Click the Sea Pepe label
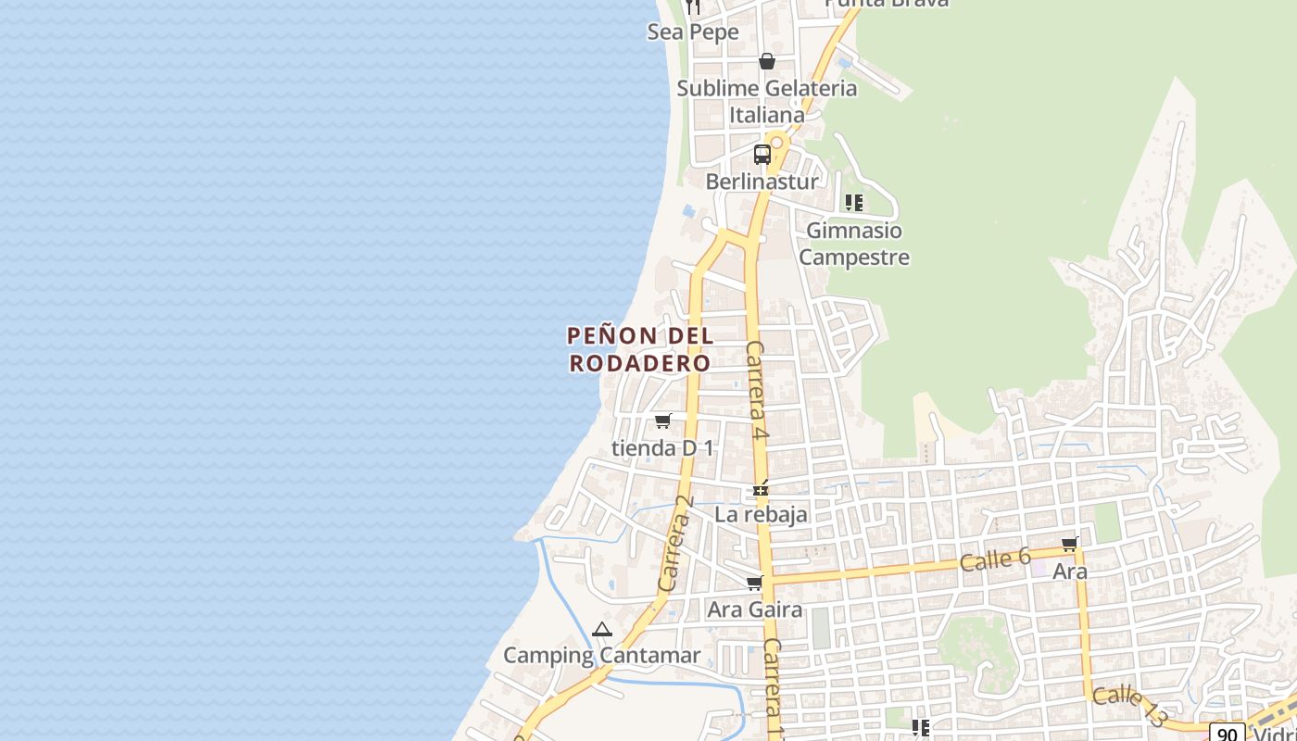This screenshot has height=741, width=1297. [693, 31]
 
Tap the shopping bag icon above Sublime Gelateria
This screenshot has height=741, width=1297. [767, 61]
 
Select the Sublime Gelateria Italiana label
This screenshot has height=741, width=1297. [767, 101]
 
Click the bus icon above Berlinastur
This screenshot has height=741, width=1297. [762, 155]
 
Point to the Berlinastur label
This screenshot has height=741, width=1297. [762, 182]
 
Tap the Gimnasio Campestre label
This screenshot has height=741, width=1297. [854, 244]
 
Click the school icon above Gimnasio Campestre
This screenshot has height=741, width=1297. [854, 202]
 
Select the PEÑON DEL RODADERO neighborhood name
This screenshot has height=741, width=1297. [640, 349]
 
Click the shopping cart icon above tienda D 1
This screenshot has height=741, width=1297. [662, 421]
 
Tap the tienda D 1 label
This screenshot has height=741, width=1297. [663, 448]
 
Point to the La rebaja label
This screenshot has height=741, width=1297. [762, 514]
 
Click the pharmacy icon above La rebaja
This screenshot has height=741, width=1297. [761, 488]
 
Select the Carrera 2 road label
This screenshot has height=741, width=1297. [676, 545]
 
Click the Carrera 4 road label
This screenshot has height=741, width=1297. [758, 390]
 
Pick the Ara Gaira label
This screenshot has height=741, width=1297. [754, 610]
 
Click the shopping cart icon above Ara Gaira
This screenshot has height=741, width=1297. [754, 584]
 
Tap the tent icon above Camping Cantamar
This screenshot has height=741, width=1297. [602, 630]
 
